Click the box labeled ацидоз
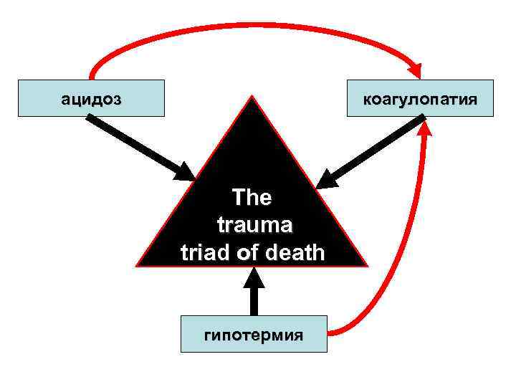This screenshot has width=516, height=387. tap(91, 97)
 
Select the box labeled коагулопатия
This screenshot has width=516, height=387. tap(420, 97)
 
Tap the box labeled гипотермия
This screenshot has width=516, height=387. tap(253, 334)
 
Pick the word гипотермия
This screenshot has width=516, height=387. tap(253, 335)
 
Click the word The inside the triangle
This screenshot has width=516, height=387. tap(252, 199)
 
